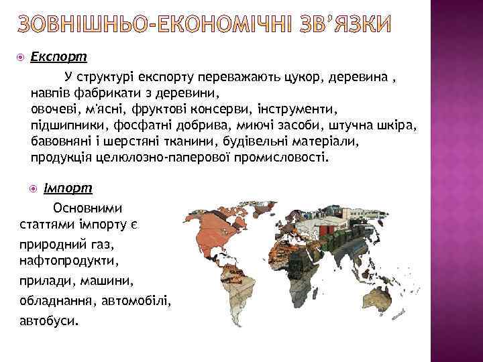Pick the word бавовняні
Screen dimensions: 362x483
(62, 142)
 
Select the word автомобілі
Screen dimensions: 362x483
(138, 300)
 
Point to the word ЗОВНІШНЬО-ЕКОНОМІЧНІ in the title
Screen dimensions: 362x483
(152, 25)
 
